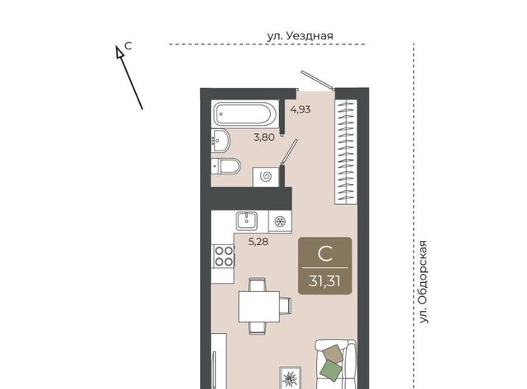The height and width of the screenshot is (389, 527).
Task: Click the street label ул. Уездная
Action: tap(300, 36)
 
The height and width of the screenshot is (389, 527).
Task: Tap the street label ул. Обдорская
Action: tap(424, 282)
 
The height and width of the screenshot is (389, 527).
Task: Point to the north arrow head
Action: tap(119, 52)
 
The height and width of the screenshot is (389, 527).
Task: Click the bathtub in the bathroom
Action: tap(245, 113)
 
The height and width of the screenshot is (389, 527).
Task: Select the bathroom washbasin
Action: tap(221, 141)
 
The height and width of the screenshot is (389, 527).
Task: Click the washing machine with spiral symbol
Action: tap(266, 176)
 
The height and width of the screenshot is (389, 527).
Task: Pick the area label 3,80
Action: tap(263, 137)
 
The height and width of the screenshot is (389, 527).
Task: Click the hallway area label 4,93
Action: tap(301, 109)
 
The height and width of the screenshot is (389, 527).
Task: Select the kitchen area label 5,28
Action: tap(258, 241)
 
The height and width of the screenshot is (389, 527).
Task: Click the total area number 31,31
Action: tap(324, 281)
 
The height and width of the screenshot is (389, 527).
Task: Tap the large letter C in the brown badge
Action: tap(325, 254)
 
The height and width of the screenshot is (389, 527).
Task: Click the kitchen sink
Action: tap(247, 221)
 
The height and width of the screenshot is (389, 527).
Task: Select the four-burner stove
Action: tap(224, 256)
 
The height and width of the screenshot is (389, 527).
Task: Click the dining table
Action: tap(259, 307)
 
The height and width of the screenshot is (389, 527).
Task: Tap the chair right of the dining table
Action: tap(286, 306)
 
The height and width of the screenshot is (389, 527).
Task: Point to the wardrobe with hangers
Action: tap(346, 151)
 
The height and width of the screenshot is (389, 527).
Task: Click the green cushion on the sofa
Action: tap(331, 370)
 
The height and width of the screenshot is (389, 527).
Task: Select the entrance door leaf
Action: tap(317, 81)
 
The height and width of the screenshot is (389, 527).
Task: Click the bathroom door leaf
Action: tap(290, 151)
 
